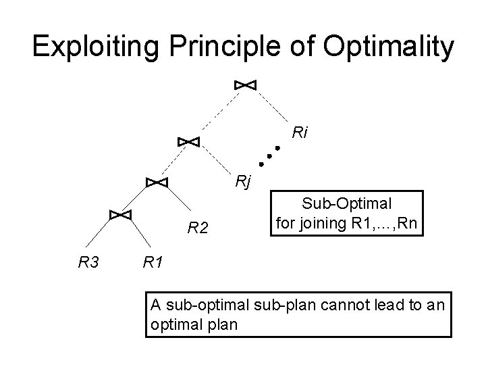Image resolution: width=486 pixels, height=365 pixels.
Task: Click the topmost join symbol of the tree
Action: click(x=245, y=84)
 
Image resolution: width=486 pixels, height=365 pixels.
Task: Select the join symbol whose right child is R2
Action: click(x=157, y=182)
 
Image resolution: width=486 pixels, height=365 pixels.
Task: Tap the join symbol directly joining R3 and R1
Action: click(x=119, y=214)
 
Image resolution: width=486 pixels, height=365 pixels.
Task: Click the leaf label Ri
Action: click(x=300, y=133)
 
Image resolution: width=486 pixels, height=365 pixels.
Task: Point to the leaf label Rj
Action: click(x=243, y=180)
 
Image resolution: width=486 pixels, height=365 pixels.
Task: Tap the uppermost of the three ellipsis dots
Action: click(x=277, y=148)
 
